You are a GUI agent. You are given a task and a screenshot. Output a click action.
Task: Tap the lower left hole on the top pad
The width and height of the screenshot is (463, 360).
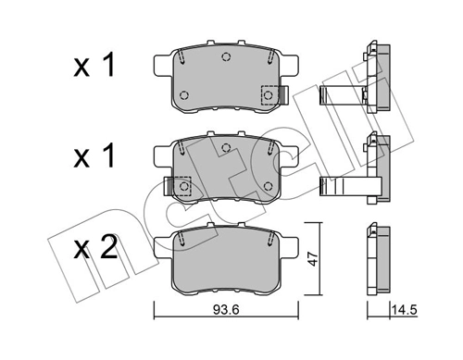182,95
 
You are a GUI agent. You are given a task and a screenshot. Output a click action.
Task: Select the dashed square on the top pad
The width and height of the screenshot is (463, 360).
269,94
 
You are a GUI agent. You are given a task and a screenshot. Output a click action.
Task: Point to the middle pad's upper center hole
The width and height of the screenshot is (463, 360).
226,148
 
